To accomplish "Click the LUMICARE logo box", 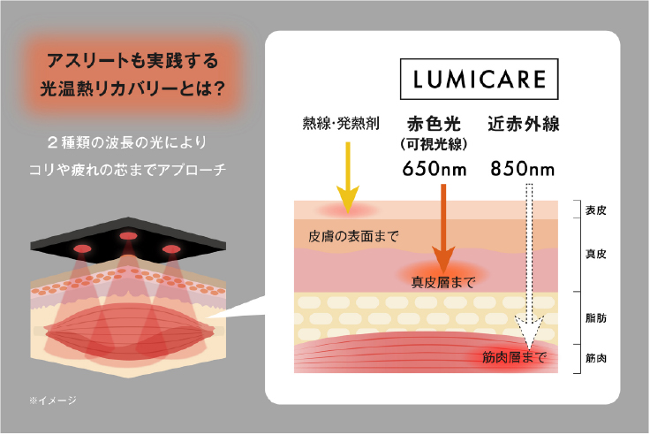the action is [479, 79].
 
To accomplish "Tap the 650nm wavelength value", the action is [435, 169].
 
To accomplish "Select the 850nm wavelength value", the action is [523, 169].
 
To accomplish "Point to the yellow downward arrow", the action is [348, 178].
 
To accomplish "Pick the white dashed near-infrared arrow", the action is [529, 266].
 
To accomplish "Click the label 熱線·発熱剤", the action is [341, 123].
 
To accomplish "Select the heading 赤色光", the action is [434, 124].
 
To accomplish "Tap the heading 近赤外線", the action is [524, 124].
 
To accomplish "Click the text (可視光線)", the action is [434, 144].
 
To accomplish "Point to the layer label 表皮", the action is [596, 210].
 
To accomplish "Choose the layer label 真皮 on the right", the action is [596, 254].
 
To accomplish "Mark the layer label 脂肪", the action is [596, 318].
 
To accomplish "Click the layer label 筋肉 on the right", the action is [596, 358].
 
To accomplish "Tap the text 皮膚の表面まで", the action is [353, 236].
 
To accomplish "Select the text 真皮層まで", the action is [443, 282].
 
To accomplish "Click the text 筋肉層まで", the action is [514, 357].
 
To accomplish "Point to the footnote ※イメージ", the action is [53, 401].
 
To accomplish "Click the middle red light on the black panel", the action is [129, 236].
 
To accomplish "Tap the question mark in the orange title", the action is [218, 88].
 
